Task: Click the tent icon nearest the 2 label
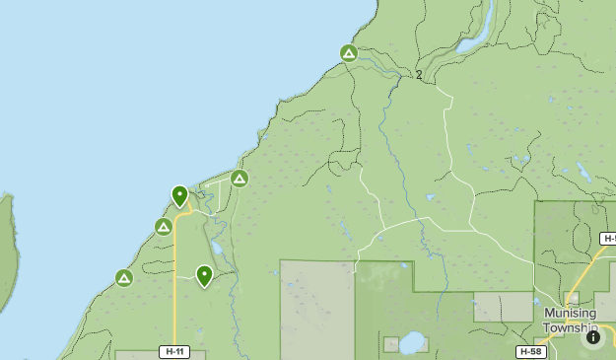[348, 53]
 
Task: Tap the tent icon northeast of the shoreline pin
[239, 179]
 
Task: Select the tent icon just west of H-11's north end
[164, 227]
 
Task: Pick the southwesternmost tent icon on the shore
[124, 278]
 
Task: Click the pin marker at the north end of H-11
[180, 195]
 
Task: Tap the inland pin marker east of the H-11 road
[204, 275]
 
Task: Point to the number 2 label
[419, 75]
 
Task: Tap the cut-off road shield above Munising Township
[609, 239]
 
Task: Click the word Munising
[571, 313]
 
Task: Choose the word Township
[571, 327]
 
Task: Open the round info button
[593, 337]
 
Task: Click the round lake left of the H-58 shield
[412, 341]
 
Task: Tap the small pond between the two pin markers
[216, 247]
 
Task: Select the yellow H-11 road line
[174, 296]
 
